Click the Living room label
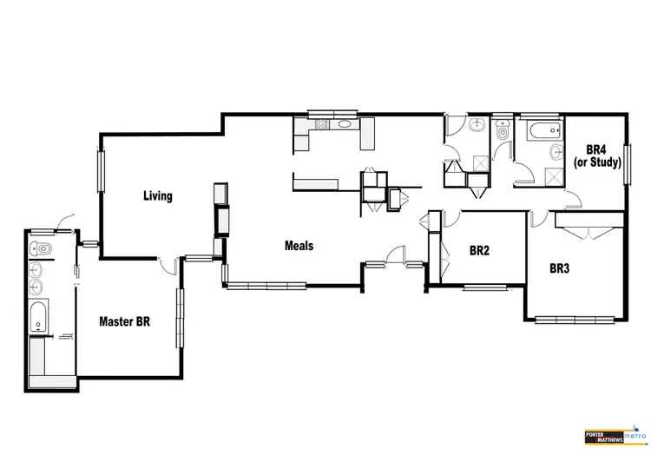pos(158,196)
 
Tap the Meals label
pos(299,246)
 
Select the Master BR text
pos(124,321)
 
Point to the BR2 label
pos(479,251)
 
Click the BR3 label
pos(560,269)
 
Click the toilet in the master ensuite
pos(39,250)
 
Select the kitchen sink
pos(345,124)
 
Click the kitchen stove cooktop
pos(319,125)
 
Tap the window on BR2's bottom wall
pos(483,286)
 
